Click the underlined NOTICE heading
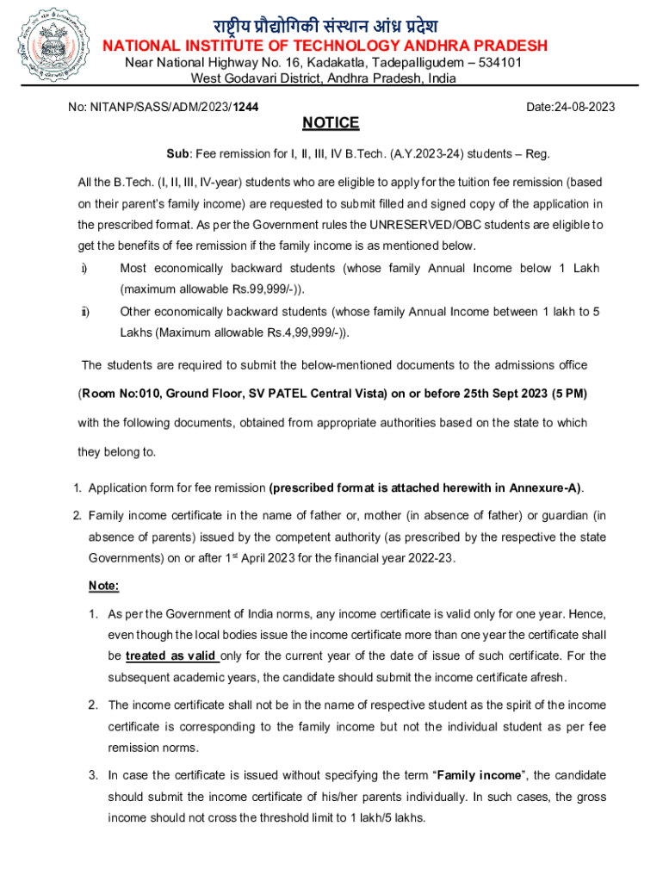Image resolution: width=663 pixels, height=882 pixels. [x=331, y=123]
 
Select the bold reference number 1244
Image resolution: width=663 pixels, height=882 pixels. [x=247, y=107]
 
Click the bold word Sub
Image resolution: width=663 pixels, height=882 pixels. [x=177, y=154]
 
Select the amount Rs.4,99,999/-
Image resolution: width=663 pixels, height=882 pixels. [x=304, y=332]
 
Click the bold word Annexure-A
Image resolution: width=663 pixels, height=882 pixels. [x=544, y=488]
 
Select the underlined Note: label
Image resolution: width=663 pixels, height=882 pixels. [x=103, y=586]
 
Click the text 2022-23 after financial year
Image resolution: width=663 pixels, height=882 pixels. [x=433, y=557]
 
